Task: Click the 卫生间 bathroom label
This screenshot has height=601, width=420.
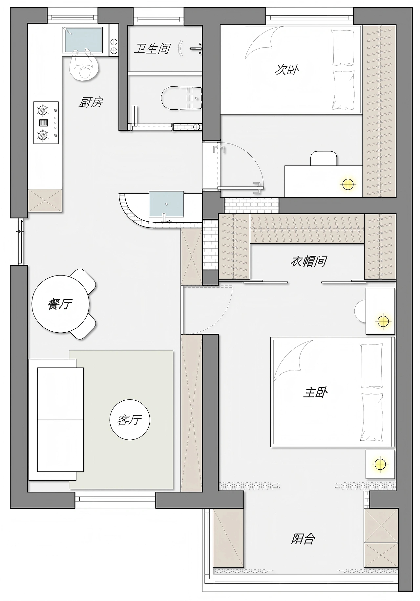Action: tap(152, 49)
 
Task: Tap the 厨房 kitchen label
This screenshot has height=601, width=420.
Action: tap(91, 102)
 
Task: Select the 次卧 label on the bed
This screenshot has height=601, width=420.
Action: tap(287, 70)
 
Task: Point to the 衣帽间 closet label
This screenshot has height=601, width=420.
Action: tap(308, 261)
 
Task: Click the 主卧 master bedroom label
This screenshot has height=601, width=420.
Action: tap(315, 392)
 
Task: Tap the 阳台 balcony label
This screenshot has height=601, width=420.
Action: tap(303, 539)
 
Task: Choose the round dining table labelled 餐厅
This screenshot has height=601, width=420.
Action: tap(60, 304)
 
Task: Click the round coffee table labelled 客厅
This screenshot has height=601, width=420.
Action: tap(130, 420)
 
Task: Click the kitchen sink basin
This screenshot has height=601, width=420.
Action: tap(84, 40)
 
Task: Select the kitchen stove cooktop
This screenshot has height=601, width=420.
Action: tap(46, 122)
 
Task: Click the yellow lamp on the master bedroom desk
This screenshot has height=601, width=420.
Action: tap(383, 321)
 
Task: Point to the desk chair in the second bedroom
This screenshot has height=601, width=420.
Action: tap(324, 158)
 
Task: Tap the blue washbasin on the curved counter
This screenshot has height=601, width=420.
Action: tap(166, 204)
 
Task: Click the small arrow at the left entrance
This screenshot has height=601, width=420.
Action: tap(20, 232)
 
